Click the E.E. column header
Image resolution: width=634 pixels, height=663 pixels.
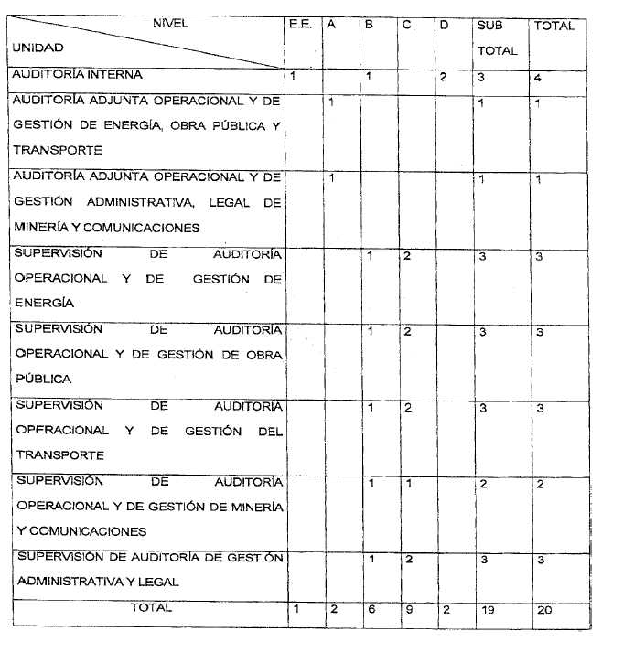click(x=300, y=26)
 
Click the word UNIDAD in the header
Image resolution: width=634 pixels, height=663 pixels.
click(x=38, y=48)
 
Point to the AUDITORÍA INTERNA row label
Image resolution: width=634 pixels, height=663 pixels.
click(x=77, y=75)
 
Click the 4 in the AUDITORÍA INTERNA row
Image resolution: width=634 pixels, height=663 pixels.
click(x=539, y=78)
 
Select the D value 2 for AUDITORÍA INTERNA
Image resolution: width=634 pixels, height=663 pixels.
click(x=443, y=77)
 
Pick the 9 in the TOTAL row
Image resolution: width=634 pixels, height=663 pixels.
click(x=407, y=610)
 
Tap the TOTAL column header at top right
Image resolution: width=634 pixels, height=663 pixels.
click(x=554, y=27)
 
